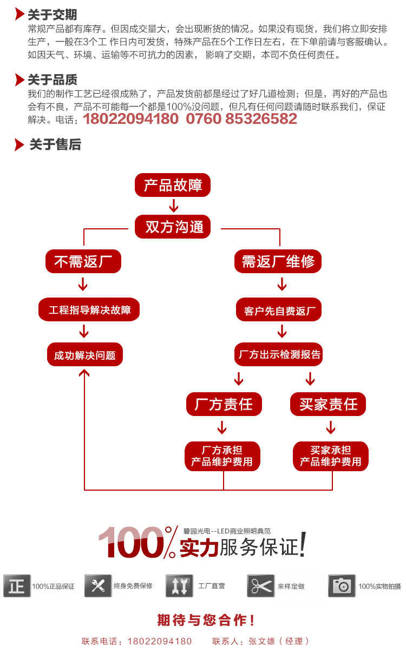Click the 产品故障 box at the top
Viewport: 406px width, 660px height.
coord(172,186)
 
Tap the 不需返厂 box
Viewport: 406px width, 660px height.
coord(83,262)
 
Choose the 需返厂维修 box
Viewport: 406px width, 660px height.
coord(278,262)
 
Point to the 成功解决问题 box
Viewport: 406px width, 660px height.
coord(85,355)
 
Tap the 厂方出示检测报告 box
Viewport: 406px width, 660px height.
coord(279,355)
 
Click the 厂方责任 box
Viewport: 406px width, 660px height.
coord(224,404)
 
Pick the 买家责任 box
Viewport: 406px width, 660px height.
coord(329,404)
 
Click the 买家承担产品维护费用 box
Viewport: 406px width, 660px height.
coord(330,456)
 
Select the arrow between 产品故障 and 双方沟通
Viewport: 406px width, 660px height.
coord(173,206)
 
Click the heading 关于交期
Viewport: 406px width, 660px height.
coord(53,15)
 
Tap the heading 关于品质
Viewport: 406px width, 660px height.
coord(53,81)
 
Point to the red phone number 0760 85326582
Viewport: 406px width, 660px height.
coord(241,118)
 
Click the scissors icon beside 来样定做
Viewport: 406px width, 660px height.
coord(261,586)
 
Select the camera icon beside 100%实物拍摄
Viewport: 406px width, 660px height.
coord(342,586)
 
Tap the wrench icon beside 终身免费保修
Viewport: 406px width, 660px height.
coord(98,586)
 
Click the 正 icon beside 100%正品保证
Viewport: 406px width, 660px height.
coord(17,586)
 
